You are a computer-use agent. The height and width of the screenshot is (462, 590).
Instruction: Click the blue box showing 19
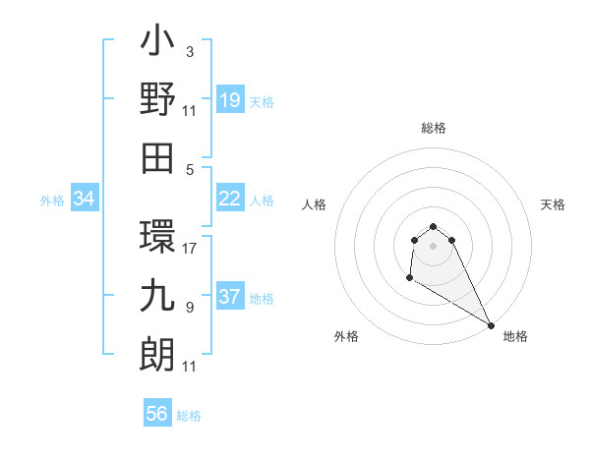click(230, 100)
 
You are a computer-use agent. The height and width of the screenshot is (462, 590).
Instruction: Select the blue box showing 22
click(230, 200)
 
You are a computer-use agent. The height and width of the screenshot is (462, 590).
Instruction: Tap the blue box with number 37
click(230, 298)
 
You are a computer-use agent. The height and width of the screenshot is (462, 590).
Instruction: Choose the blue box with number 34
click(85, 200)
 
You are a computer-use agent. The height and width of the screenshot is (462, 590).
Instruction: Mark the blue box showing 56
click(157, 414)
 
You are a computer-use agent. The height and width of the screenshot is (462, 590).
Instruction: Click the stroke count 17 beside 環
click(190, 249)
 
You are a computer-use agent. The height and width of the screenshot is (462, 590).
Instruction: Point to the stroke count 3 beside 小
click(190, 51)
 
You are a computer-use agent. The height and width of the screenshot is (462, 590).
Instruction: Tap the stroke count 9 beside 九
click(190, 308)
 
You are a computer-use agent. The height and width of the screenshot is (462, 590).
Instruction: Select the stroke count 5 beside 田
click(190, 169)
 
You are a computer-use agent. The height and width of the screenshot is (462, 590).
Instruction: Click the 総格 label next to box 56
click(189, 416)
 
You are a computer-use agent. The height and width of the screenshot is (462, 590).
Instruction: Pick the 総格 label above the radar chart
click(433, 128)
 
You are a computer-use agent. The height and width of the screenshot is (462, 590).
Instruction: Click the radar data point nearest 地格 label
click(491, 325)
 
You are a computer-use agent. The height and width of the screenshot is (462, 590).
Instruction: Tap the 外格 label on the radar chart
click(346, 336)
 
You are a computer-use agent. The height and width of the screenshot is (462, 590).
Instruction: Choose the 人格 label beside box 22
click(262, 201)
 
